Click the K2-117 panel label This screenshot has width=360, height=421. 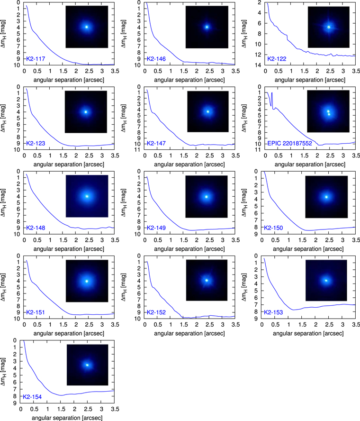pyautogui.click(x=36, y=59)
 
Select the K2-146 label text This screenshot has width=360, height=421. pyautogui.click(x=156, y=59)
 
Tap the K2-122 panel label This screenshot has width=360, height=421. pyautogui.click(x=277, y=59)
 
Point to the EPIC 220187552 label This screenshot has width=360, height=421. pyautogui.click(x=290, y=143)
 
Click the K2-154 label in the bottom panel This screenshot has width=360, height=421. pyautogui.click(x=32, y=397)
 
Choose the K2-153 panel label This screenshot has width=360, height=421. pyautogui.click(x=273, y=312)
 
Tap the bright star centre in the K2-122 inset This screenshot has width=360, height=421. pyautogui.click(x=329, y=27)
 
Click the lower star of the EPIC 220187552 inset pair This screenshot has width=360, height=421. pyautogui.click(x=329, y=114)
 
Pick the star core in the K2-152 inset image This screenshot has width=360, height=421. pyautogui.click(x=207, y=280)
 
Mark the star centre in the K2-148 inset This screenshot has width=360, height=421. pyautogui.click(x=87, y=196)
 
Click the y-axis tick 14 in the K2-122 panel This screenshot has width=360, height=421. pyautogui.click(x=258, y=65)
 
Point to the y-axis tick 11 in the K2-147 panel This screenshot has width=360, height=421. pyautogui.click(x=138, y=150)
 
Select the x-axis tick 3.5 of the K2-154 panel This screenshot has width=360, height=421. pyautogui.click(x=115, y=409)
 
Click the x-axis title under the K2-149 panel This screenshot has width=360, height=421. pyautogui.click(x=189, y=249)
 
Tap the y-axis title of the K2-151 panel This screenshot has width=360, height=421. pyautogui.click(x=3, y=287)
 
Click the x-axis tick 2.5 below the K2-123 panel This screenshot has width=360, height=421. pyautogui.click(x=89, y=156)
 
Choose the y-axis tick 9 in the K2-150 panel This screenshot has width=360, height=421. pyautogui.click(x=256, y=234)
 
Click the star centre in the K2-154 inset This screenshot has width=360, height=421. pyautogui.click(x=87, y=365)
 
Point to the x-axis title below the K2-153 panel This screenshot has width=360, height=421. pyautogui.click(x=308, y=333)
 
